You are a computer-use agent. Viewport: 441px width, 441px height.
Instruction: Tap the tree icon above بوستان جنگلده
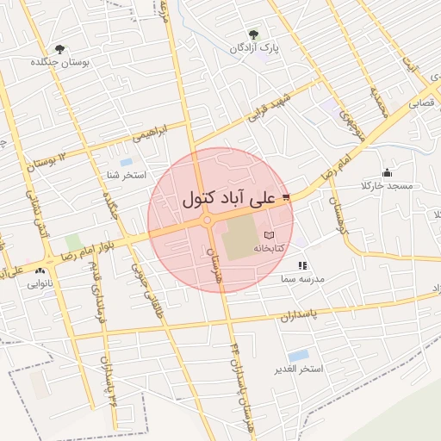(x=59, y=49)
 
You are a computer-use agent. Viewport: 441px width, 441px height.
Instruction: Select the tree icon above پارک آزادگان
(x=252, y=34)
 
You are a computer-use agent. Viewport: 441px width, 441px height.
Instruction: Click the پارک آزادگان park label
(x=252, y=47)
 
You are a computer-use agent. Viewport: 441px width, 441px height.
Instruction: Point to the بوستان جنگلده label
(x=58, y=63)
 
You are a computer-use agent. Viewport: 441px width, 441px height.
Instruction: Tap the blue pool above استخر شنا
(x=127, y=162)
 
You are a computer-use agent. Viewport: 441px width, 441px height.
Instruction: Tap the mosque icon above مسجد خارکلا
(x=386, y=172)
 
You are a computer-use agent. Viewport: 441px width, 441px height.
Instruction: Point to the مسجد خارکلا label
(x=388, y=186)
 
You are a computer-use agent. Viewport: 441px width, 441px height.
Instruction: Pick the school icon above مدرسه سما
(x=301, y=266)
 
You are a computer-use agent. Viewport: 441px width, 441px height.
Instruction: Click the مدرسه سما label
(x=301, y=280)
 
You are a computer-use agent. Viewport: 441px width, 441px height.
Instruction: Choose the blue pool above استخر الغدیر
(x=299, y=355)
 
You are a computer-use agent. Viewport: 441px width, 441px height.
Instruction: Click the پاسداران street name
(x=298, y=314)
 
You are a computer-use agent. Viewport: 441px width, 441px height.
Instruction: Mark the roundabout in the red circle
(x=208, y=221)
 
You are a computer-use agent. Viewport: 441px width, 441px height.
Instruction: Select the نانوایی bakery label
(x=40, y=283)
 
